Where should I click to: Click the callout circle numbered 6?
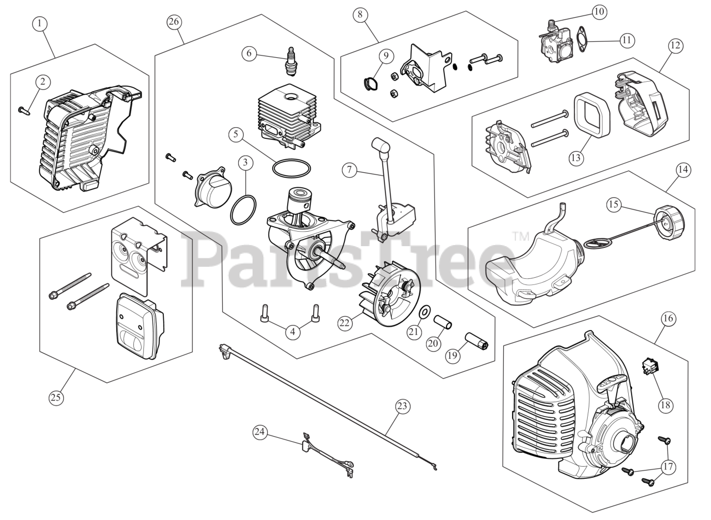249,53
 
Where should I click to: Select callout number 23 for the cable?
402,407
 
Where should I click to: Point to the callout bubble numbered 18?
664,405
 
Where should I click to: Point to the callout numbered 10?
599,11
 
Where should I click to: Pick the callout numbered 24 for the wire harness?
260,431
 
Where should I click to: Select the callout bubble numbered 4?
293,333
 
